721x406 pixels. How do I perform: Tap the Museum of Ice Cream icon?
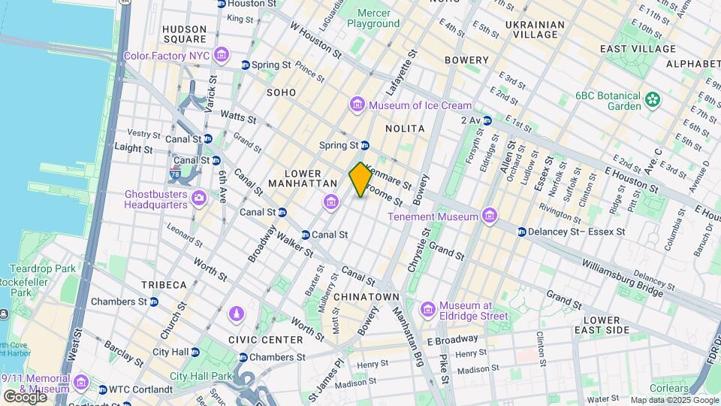(357, 105)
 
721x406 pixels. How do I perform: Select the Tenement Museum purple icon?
(490, 217)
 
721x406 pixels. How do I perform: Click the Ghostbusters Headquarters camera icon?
(199, 198)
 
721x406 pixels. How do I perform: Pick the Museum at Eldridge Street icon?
(428, 310)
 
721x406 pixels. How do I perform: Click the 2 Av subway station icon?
(487, 120)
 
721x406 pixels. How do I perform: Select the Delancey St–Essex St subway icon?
(521, 232)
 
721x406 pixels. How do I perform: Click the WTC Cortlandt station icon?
(103, 389)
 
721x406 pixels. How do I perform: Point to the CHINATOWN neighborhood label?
(367, 297)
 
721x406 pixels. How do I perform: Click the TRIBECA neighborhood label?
(164, 285)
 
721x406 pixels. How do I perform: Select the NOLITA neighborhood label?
(405, 129)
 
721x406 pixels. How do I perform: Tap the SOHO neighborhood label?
(280, 92)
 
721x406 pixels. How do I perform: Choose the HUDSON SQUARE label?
(184, 34)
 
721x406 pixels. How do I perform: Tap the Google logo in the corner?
(24, 396)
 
